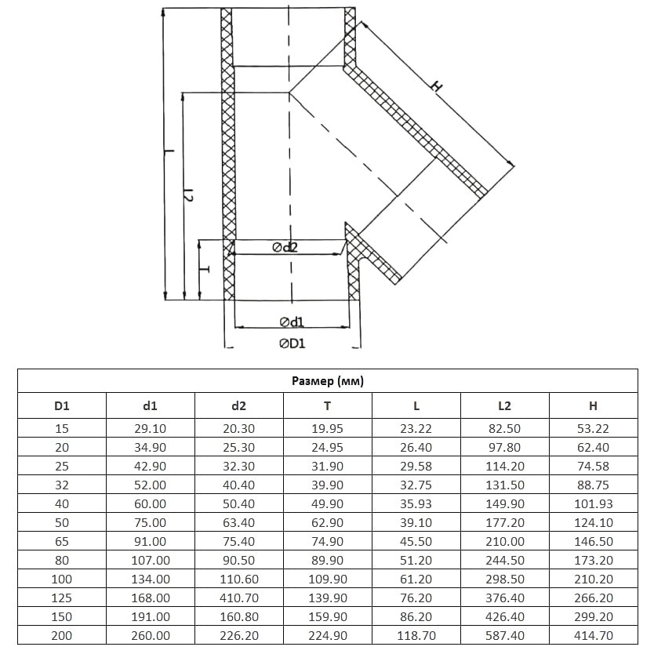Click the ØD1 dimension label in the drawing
tap(292, 343)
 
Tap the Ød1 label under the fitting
tap(292, 322)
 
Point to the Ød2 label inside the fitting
tap(285, 247)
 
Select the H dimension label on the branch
tap(436, 86)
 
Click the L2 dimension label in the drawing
tap(188, 194)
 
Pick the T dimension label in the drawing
tap(204, 269)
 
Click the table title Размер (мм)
tap(328, 381)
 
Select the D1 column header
tap(62, 405)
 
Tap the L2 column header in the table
tap(505, 405)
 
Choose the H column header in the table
tap(593, 405)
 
